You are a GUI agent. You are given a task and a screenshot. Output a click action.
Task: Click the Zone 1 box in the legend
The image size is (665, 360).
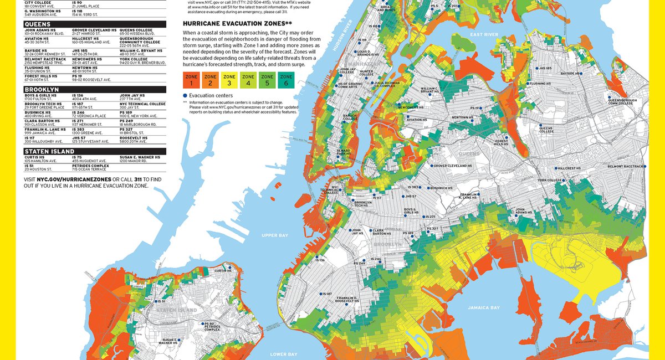coord(191,80)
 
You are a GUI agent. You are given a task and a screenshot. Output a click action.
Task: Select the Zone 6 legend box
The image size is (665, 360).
coord(286,80)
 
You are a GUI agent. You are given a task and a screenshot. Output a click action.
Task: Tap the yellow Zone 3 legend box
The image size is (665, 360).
coord(229,80)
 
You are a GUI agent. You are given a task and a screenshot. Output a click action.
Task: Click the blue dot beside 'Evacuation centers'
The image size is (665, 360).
coord(185,95)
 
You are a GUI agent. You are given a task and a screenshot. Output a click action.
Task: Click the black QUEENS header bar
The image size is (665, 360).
coord(94,24)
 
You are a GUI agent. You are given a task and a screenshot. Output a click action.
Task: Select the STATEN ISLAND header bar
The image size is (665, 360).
coord(94,151)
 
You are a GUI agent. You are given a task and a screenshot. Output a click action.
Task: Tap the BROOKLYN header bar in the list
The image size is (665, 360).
coord(94,89)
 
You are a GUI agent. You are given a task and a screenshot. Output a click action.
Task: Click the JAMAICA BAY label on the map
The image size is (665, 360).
coord(484,307)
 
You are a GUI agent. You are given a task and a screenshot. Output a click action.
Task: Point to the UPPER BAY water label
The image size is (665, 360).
coord(275,235)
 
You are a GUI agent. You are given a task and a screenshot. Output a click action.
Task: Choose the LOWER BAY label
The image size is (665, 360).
coord(283,354)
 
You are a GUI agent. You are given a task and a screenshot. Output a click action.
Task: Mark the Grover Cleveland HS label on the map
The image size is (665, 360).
coord(453,166)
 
